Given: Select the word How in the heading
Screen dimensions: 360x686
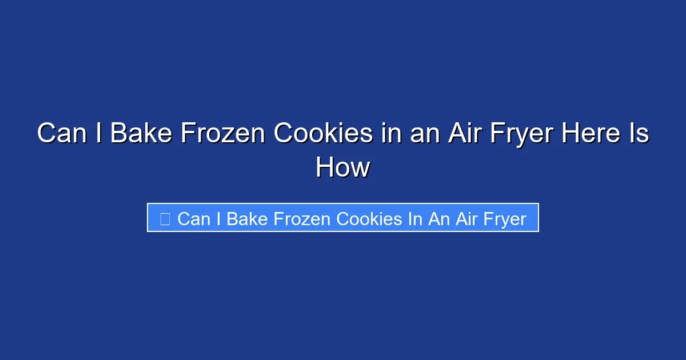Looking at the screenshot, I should click(x=343, y=168).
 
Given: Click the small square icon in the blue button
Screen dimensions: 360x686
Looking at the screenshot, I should click(x=165, y=218).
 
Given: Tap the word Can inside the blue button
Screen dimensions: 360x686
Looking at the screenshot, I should click(x=194, y=218).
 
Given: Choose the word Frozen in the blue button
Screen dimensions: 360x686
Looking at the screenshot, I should click(x=303, y=218).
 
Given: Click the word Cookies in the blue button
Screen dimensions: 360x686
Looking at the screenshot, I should click(x=369, y=218).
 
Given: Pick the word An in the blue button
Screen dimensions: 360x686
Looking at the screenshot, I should click(x=439, y=218).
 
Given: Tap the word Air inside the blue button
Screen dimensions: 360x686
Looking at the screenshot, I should click(x=465, y=218).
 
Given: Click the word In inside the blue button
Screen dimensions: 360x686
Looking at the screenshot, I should click(x=414, y=218).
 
